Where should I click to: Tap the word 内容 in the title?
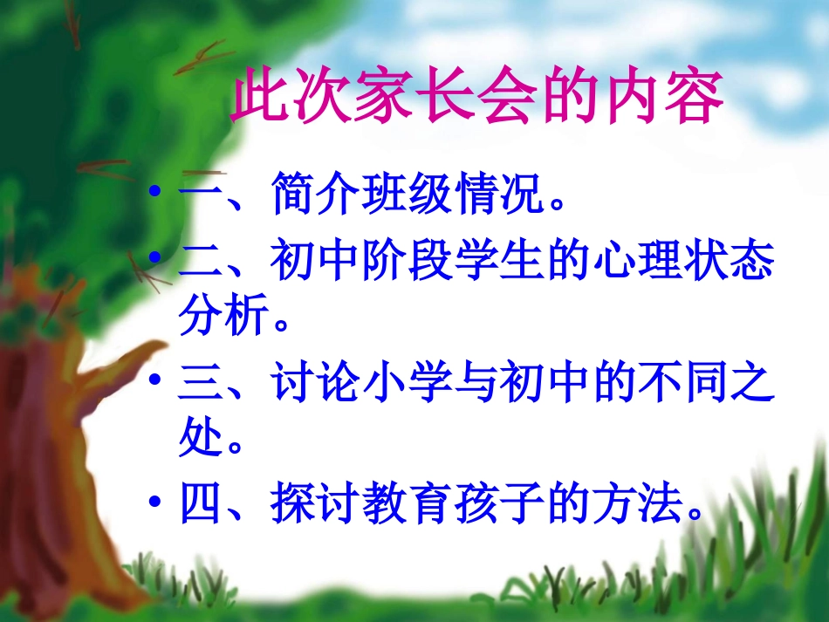coord(663,98)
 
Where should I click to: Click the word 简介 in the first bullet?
coord(315,197)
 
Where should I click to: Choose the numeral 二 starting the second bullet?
coord(202,261)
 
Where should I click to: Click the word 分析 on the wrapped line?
coord(223,318)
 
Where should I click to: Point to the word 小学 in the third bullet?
coord(407,385)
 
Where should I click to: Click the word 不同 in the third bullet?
coord(685,385)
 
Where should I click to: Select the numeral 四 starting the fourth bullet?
coord(202,505)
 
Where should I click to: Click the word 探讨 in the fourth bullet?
coord(315,504)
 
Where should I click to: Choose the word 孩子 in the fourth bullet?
coord(500,504)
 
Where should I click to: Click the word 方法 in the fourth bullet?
coord(639,504)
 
